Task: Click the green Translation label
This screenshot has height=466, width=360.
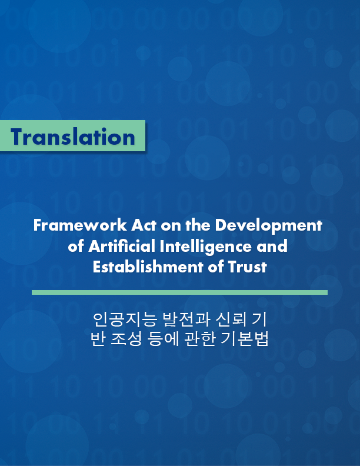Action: pos(72,137)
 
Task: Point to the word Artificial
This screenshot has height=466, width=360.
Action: pos(118,246)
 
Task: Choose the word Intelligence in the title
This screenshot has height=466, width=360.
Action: pos(199,246)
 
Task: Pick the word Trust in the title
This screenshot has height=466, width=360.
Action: pos(247,267)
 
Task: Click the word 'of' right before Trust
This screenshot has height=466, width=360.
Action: pos(216,267)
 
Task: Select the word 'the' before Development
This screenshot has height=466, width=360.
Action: pos(198,225)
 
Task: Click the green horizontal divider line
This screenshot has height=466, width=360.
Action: pos(179,292)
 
